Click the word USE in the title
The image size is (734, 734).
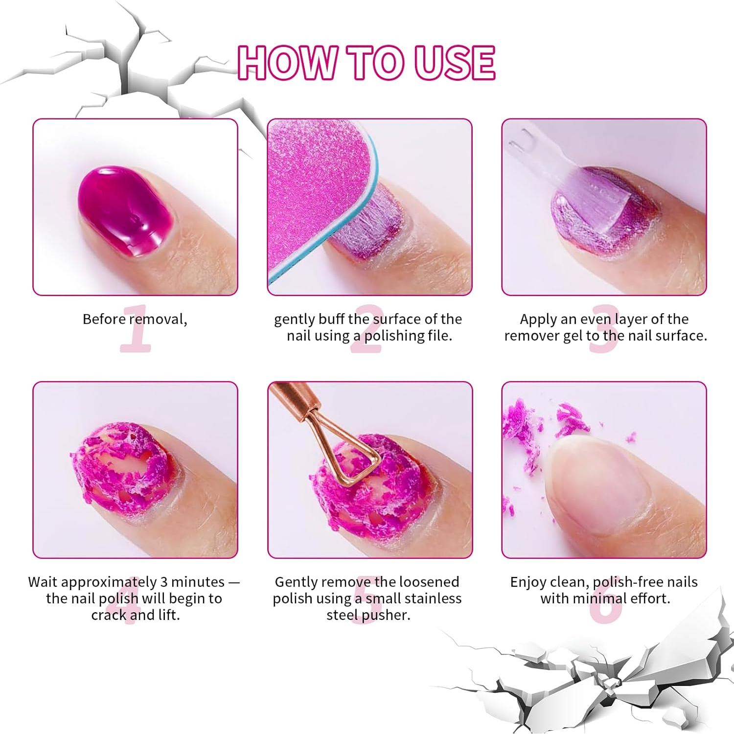(x=455, y=63)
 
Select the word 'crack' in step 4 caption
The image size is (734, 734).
(x=109, y=615)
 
